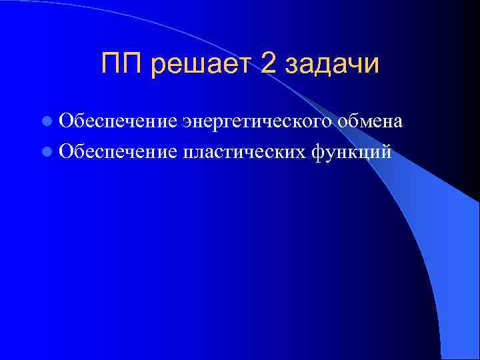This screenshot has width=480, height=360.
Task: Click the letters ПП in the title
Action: click(x=123, y=64)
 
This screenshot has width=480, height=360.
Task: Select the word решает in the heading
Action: click(x=203, y=65)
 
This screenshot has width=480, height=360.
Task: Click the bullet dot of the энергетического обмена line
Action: click(x=45, y=122)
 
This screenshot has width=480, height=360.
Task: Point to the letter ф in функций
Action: click(x=319, y=153)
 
